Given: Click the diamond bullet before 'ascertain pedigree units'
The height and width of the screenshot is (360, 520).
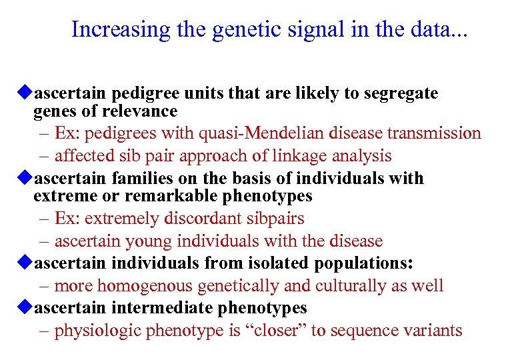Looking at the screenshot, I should tap(25, 93).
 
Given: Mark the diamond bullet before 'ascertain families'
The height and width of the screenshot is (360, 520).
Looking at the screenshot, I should tap(25, 178).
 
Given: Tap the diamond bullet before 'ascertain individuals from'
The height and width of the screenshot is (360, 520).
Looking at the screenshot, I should tap(25, 263).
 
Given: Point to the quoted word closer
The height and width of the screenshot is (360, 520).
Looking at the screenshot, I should tap(279, 331).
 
